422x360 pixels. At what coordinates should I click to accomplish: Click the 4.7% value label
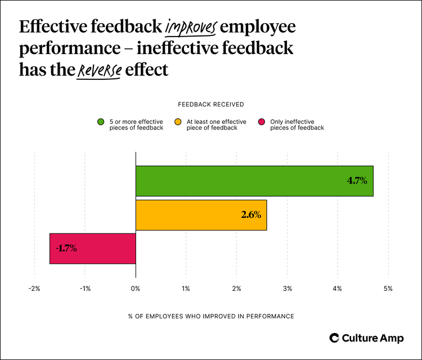click(x=356, y=181)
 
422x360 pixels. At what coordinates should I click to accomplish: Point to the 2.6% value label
click(x=250, y=215)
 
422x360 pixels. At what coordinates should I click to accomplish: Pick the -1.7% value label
click(x=66, y=248)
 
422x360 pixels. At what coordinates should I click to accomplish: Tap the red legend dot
click(x=261, y=122)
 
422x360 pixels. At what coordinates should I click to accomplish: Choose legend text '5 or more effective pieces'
click(x=137, y=125)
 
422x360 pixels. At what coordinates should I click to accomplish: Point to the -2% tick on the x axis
click(x=34, y=289)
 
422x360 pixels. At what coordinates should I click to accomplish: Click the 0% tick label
click(x=136, y=289)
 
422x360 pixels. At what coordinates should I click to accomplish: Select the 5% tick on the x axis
click(x=388, y=289)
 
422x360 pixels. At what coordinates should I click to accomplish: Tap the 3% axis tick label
click(x=287, y=289)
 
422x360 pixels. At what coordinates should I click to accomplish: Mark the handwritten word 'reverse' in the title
click(x=99, y=70)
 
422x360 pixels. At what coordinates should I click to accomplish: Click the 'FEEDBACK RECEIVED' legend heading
click(x=210, y=104)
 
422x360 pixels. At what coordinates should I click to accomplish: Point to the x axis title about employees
click(x=210, y=317)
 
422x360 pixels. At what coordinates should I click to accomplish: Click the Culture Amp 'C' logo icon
click(x=334, y=337)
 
